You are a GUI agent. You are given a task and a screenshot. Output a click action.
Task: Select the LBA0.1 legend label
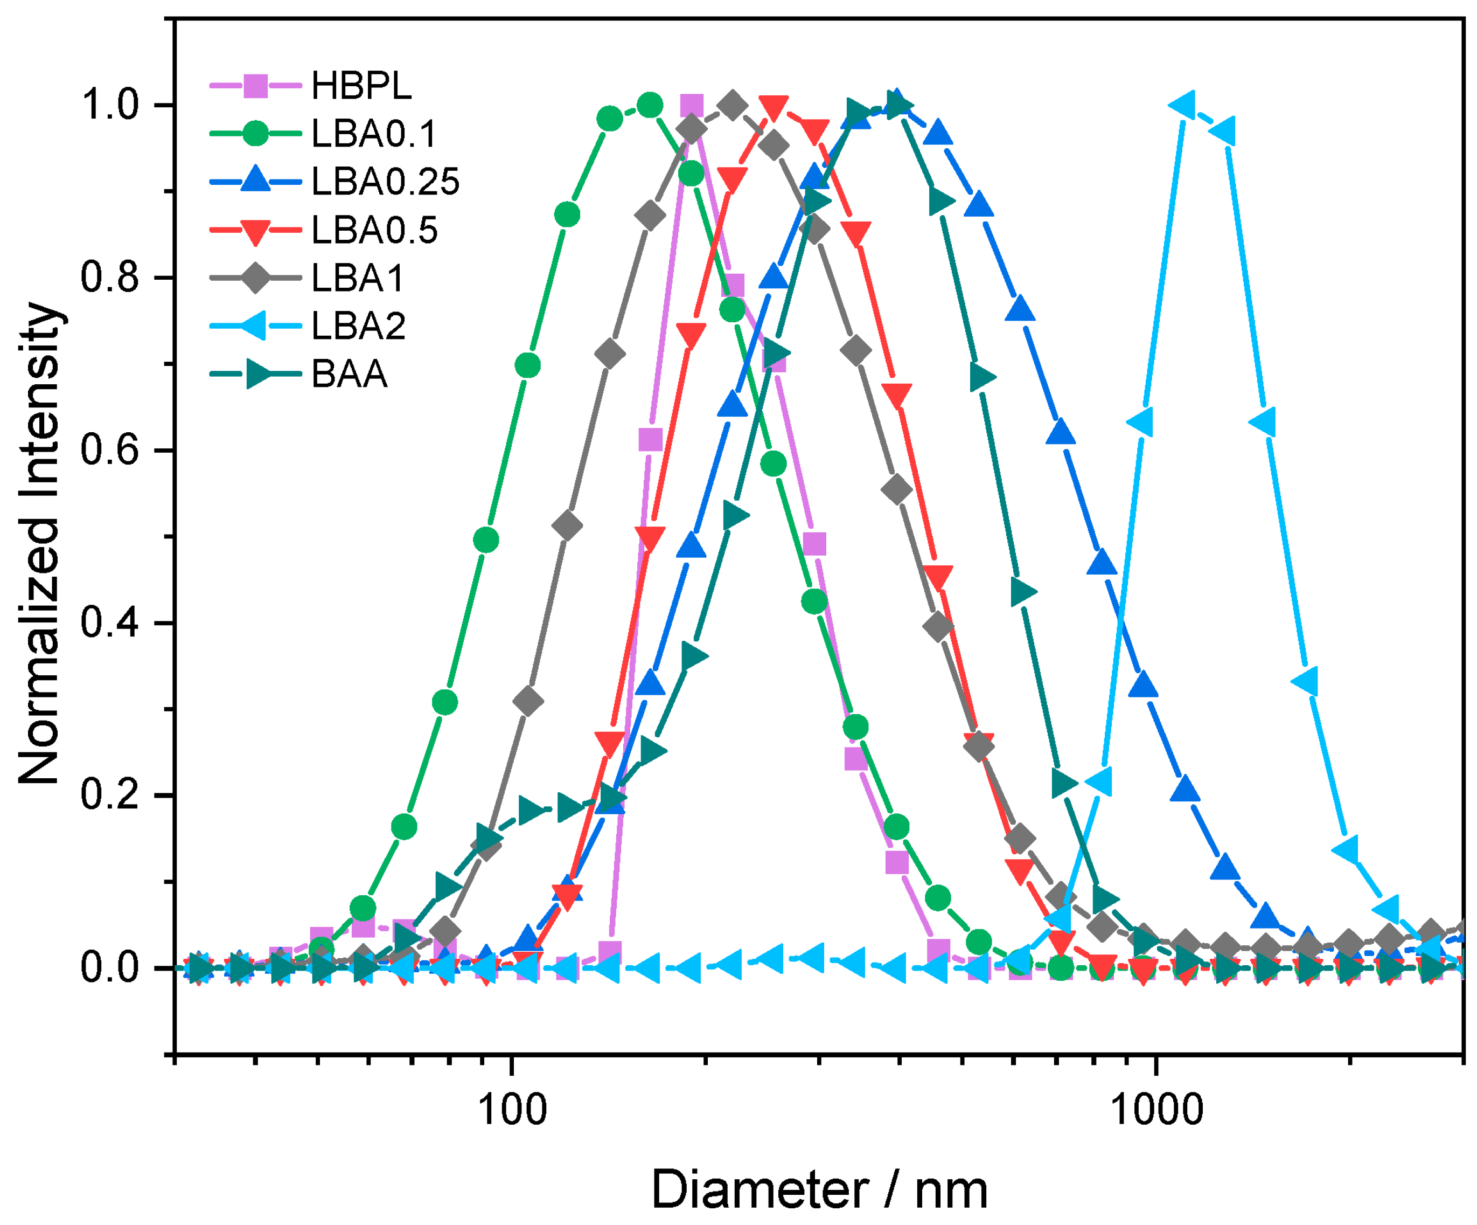tap(374, 134)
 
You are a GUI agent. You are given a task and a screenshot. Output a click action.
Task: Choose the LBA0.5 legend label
tap(374, 230)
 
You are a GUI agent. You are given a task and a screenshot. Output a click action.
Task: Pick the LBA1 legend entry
tap(358, 278)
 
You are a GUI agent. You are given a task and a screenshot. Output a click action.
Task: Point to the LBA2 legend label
tap(359, 326)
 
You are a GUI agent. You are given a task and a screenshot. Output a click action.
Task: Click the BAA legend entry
tap(350, 373)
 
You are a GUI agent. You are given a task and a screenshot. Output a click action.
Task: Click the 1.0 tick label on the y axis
tap(110, 106)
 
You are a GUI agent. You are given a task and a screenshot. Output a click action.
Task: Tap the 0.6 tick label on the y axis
tap(110, 451)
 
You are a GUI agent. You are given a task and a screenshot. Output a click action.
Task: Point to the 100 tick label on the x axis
tap(512, 1110)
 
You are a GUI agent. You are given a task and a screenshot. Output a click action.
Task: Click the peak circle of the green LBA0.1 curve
tap(650, 106)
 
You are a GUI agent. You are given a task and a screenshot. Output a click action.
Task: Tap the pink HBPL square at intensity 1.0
tap(692, 106)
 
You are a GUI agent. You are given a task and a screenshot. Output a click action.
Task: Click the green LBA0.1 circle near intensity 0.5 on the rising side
tap(486, 541)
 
